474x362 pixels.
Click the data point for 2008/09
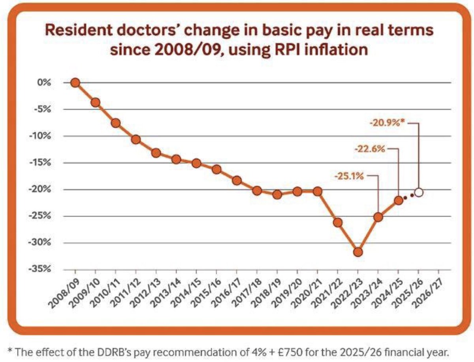point(75,83)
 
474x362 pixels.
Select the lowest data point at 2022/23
point(358,252)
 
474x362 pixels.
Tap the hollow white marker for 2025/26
point(419,192)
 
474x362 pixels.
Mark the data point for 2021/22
point(338,222)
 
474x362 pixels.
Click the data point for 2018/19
point(277,194)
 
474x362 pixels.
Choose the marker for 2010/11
point(115,123)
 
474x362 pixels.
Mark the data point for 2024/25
point(399,200)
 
